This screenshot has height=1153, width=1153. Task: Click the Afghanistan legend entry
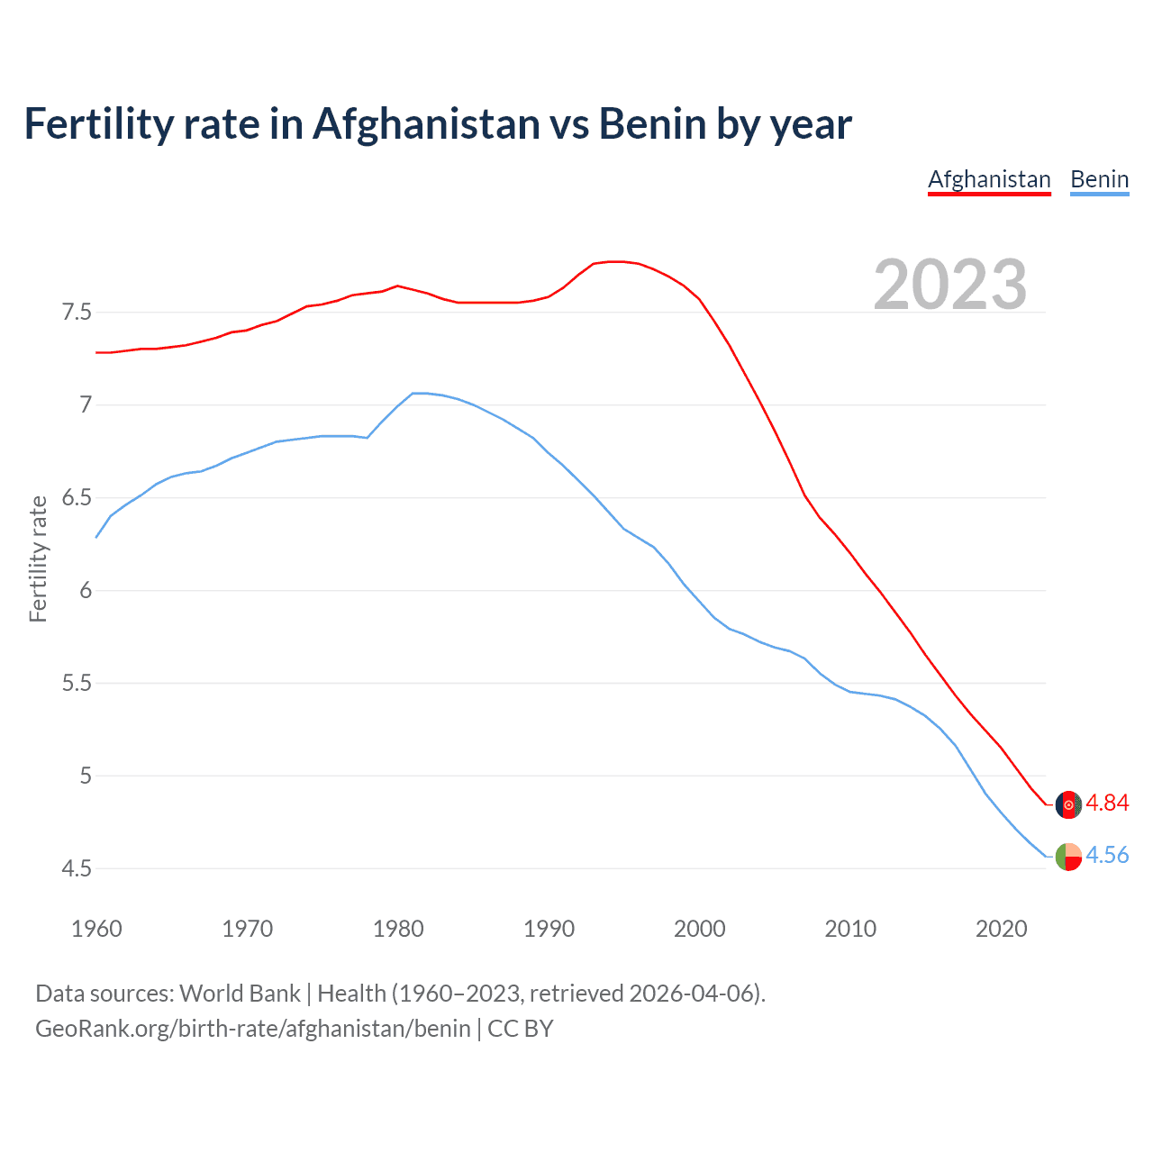[x=989, y=179]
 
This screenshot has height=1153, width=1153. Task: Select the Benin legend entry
[x=1099, y=179]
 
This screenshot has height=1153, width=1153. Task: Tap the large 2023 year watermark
[x=949, y=285]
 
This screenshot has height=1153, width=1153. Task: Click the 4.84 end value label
[x=1107, y=803]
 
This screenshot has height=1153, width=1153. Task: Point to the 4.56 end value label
[x=1107, y=855]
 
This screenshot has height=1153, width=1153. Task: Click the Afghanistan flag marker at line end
[x=1068, y=804]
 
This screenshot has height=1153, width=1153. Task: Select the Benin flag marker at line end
[x=1068, y=856]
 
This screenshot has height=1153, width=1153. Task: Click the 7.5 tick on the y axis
[x=77, y=313]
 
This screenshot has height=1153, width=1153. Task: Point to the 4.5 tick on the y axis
[x=77, y=869]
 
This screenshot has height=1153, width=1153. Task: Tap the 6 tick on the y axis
[x=86, y=591]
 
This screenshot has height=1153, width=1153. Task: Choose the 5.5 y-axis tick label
[x=77, y=684]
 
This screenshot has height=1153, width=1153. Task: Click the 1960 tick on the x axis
[x=96, y=929]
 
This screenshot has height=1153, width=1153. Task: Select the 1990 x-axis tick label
[x=549, y=929]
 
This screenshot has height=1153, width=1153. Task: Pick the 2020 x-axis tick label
[x=1001, y=929]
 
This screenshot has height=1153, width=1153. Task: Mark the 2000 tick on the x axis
[x=699, y=929]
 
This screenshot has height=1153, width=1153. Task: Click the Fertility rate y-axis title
[x=38, y=558]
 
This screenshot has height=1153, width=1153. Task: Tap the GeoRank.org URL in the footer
[x=252, y=1028]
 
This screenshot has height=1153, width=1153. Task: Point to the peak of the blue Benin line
[x=419, y=393]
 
